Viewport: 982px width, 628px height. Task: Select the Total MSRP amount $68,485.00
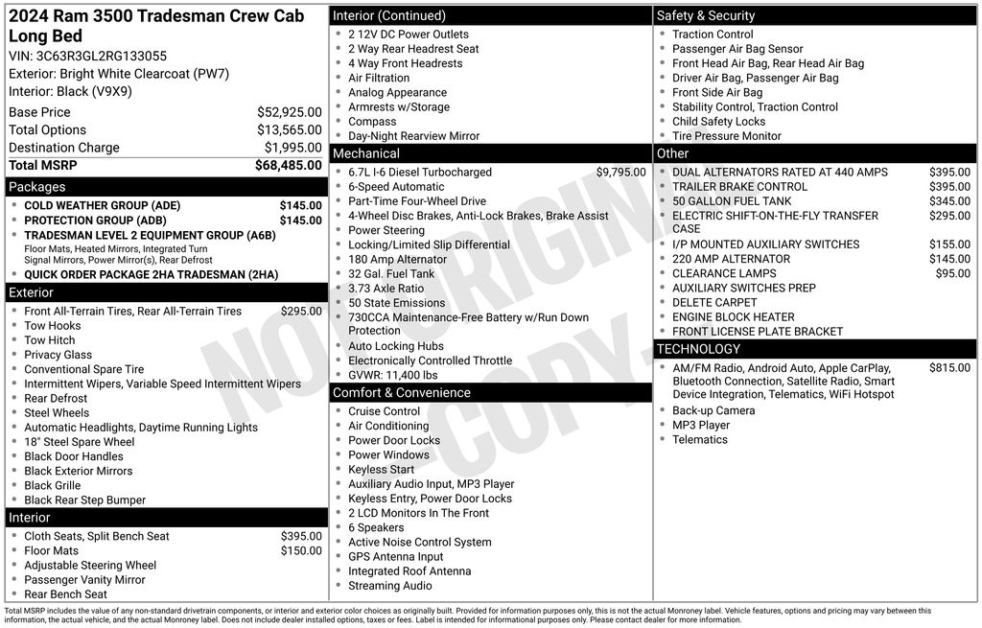click(288, 165)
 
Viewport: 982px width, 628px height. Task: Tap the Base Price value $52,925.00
click(289, 112)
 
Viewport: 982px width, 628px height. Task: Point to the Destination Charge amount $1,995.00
click(292, 148)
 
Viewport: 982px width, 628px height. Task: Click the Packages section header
click(37, 187)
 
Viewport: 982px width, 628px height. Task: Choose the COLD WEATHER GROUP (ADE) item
click(102, 206)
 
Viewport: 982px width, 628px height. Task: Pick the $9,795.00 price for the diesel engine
click(620, 173)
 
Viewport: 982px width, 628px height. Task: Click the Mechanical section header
click(366, 153)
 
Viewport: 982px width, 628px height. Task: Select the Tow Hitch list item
click(50, 340)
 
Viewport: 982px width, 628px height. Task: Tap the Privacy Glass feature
click(58, 355)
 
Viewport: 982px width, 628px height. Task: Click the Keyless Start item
click(382, 470)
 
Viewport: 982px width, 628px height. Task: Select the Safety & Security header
click(706, 15)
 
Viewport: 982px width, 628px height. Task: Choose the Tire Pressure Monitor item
click(727, 136)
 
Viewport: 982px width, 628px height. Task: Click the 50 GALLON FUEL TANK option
click(732, 201)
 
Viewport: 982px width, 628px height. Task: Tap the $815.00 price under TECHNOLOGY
click(949, 367)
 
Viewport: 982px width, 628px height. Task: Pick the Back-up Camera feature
click(713, 410)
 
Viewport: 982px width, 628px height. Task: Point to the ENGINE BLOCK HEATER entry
click(734, 317)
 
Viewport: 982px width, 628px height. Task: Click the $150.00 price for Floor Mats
click(301, 551)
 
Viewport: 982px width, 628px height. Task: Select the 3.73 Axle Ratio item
click(386, 289)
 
